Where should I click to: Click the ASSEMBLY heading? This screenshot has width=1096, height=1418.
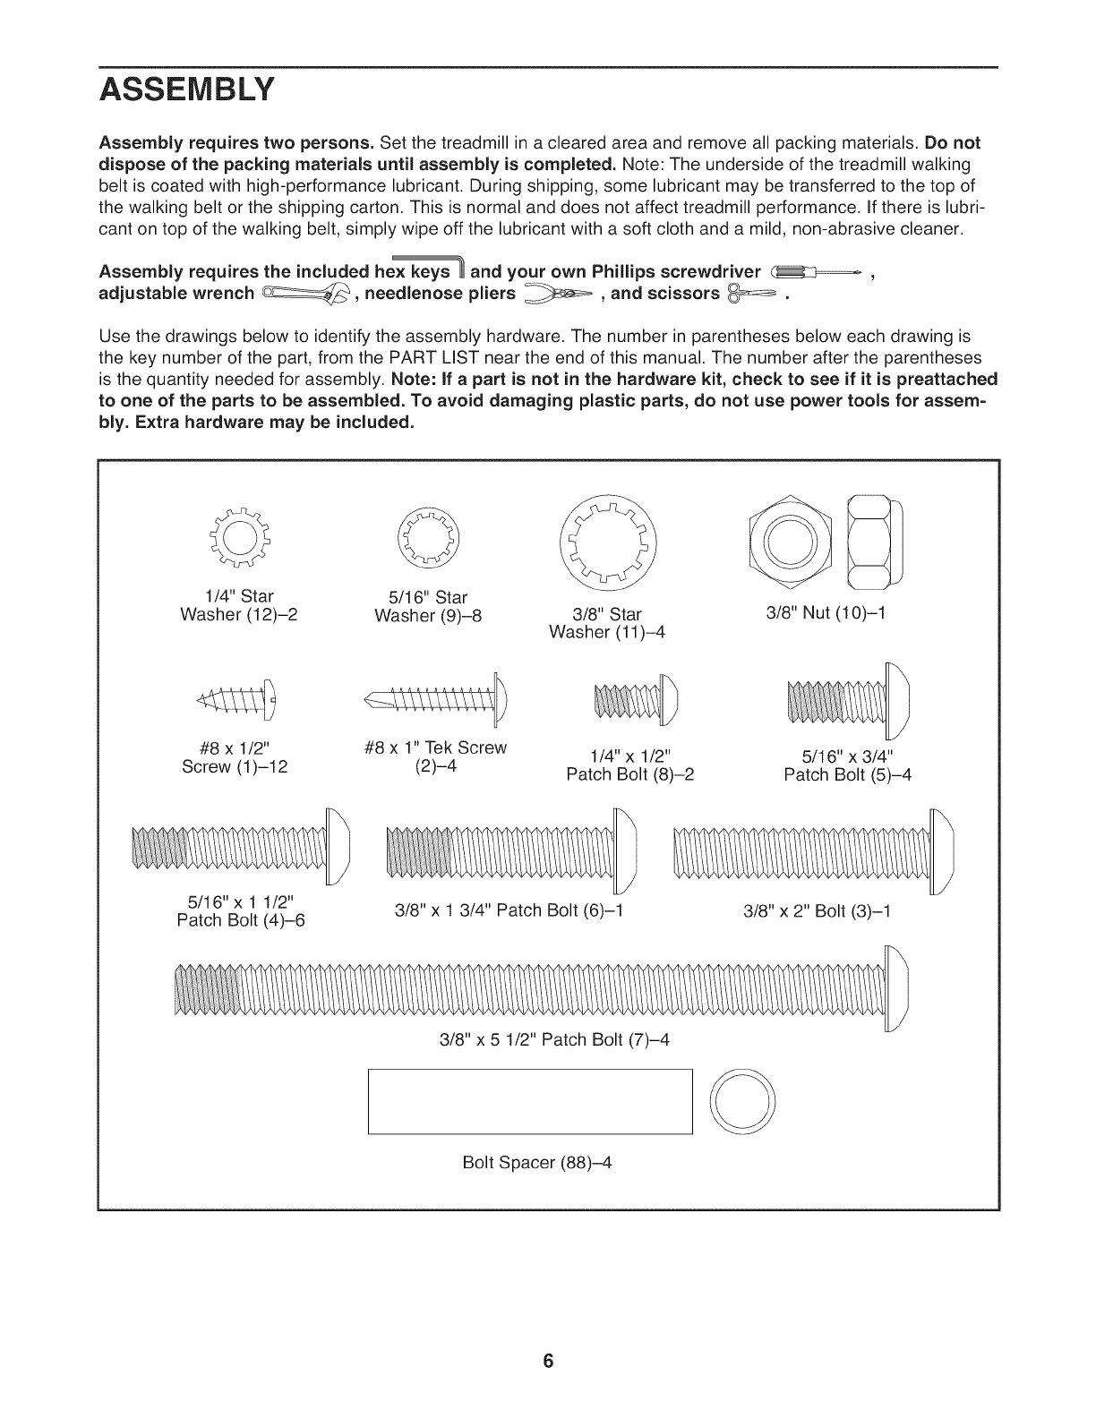[x=186, y=90]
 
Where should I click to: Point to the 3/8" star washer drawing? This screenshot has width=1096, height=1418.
[x=606, y=542]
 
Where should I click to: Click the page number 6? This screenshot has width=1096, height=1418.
[x=548, y=1362]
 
